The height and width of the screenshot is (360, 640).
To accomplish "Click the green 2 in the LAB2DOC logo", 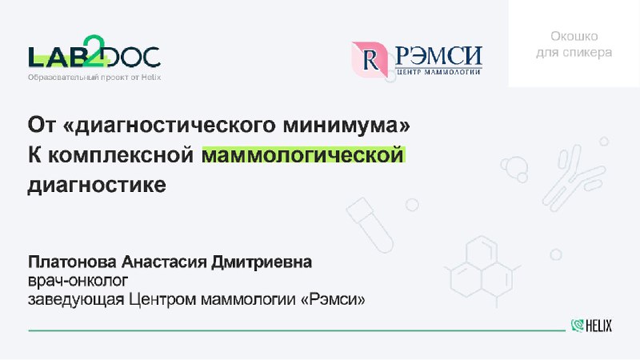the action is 94,50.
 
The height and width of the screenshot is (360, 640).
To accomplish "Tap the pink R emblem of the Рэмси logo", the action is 370,59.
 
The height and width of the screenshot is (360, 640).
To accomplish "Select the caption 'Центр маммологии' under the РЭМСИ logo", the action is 438,72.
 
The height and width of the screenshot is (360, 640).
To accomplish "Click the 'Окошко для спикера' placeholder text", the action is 574,45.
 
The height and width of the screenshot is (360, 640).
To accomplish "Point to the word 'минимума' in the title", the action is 346,125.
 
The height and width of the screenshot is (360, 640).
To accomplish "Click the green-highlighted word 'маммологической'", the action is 303,155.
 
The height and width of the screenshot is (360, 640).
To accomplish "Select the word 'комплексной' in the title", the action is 121,155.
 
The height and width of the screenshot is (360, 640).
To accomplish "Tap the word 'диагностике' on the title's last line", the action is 97,186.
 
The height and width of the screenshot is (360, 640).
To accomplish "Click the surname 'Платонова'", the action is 72,262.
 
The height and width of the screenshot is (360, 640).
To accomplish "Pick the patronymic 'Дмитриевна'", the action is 262,262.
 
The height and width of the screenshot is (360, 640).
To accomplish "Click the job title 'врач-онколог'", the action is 78,282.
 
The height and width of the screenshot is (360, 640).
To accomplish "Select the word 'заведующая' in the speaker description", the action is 76,300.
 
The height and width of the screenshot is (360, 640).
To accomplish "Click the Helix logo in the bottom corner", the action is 591,326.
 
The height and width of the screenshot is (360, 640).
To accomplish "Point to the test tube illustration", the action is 370,225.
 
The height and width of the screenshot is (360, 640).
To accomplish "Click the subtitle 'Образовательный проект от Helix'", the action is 94,77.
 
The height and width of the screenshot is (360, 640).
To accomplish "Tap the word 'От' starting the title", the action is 42,125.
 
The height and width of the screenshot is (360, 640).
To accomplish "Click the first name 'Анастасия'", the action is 164,262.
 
